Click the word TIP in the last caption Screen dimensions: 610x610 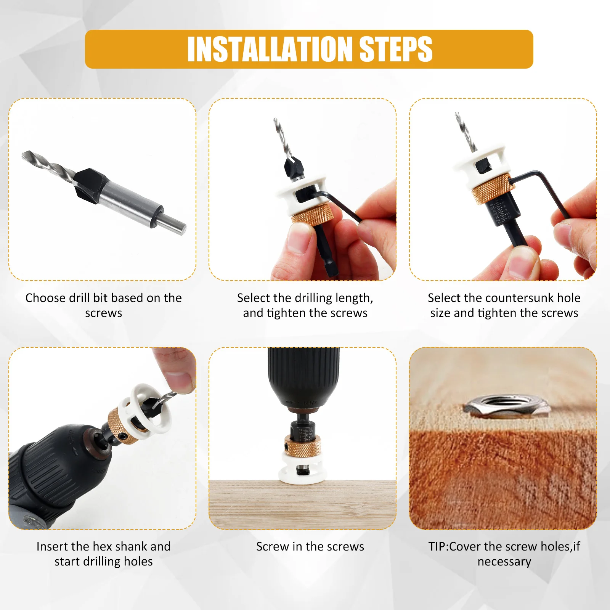[438, 546]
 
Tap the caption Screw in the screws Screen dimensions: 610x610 [310, 546]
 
